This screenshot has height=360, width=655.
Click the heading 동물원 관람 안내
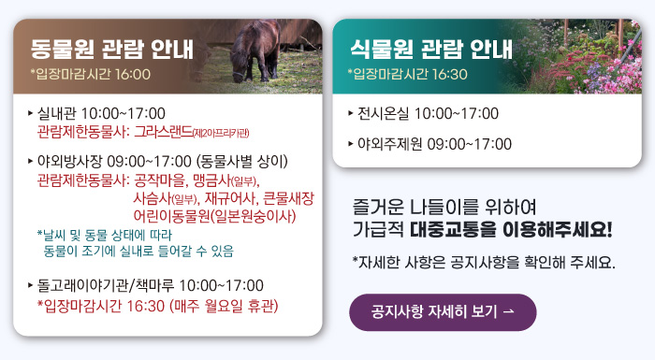[111, 46]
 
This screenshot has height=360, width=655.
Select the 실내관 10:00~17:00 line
[102, 113]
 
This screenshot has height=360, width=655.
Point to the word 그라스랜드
[163, 131]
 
